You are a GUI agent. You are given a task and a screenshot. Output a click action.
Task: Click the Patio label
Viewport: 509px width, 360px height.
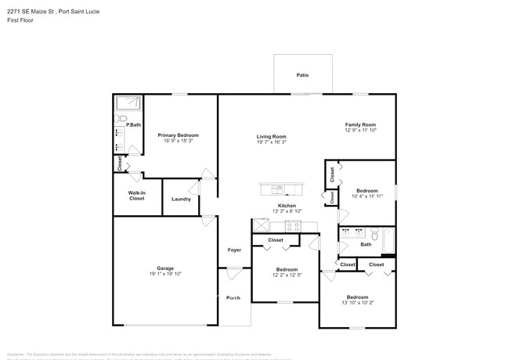point(301,75)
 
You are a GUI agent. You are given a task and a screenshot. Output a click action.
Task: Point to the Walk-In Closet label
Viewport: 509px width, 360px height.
point(137,196)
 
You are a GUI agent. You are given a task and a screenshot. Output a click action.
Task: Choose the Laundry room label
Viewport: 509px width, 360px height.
point(181,199)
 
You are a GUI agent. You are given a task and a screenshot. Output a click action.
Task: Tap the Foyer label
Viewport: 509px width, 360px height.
point(234,250)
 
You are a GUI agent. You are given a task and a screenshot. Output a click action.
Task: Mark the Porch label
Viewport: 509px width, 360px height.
point(233,297)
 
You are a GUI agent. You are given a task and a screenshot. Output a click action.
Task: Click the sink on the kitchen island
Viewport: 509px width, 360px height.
point(276,189)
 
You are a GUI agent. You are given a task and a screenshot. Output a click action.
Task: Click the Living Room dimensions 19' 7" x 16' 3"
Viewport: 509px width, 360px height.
point(271,142)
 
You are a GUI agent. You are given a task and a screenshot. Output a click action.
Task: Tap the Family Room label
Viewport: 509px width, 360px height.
point(361,124)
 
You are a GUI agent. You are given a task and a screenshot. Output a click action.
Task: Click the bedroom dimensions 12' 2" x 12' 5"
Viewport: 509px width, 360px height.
point(287,274)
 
